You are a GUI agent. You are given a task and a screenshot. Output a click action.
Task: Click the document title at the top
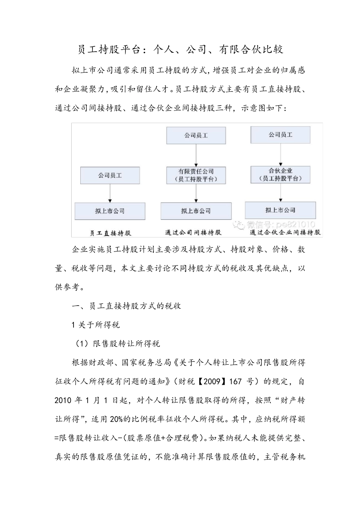(x=180, y=50)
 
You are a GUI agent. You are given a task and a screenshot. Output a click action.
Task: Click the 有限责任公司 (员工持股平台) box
(x=196, y=175)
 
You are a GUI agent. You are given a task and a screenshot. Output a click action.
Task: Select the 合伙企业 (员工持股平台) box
(x=280, y=175)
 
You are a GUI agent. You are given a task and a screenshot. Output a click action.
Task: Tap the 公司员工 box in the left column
(x=110, y=176)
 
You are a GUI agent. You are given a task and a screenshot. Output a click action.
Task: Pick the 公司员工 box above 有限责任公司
(x=196, y=135)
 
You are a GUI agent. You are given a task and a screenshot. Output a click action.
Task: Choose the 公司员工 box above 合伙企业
(x=280, y=135)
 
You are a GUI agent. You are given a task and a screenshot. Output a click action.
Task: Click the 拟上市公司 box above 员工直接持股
(x=110, y=211)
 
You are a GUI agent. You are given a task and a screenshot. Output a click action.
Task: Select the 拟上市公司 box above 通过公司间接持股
(x=196, y=211)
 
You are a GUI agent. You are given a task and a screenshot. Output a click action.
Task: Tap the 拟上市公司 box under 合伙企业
(x=280, y=210)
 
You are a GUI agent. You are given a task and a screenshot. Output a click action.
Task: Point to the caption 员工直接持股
(x=110, y=233)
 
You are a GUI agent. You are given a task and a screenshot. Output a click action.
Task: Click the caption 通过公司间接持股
(x=193, y=232)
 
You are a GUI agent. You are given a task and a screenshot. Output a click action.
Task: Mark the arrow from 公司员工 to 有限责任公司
(x=196, y=155)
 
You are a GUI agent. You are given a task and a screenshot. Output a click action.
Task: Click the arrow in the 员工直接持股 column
(x=110, y=193)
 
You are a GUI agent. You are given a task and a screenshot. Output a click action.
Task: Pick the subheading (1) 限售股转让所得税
(x=117, y=343)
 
